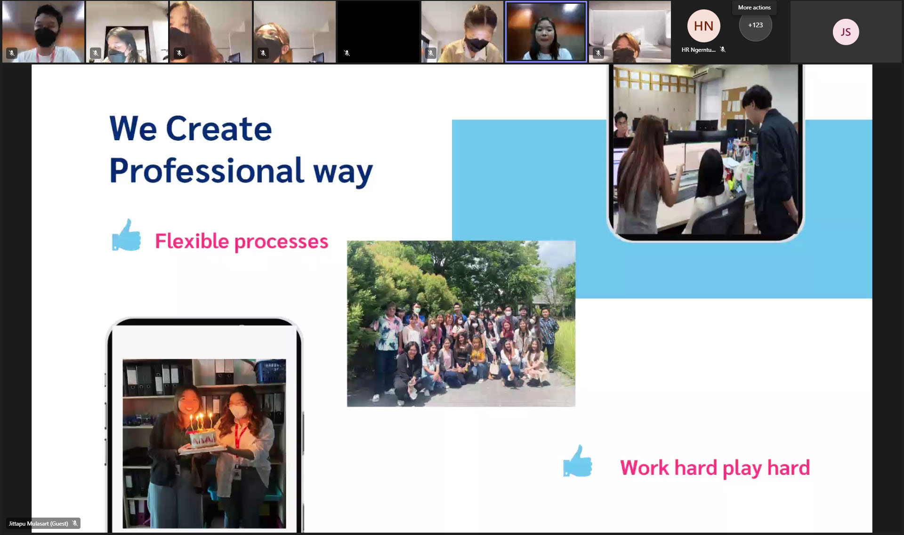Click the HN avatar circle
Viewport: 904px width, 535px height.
coord(703,26)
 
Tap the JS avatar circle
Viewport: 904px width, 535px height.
coord(846,32)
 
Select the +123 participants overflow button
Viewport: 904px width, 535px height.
coord(755,25)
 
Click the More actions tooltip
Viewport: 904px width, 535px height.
coord(754,8)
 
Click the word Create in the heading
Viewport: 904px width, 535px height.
coord(219,128)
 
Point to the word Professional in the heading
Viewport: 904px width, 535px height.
coord(207,170)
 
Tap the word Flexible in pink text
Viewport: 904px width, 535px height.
coord(192,241)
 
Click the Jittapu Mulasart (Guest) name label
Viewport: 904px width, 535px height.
coord(38,523)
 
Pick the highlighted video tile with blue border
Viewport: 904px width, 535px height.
coord(546,32)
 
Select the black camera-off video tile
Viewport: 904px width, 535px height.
coord(379,32)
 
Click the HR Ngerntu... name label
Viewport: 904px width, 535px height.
coord(698,50)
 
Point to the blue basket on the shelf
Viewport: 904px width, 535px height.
coord(270,371)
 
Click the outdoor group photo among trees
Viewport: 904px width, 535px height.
coord(461,324)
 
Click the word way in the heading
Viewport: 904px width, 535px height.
coord(343,173)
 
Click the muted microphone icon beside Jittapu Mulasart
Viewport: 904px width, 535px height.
coord(75,523)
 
